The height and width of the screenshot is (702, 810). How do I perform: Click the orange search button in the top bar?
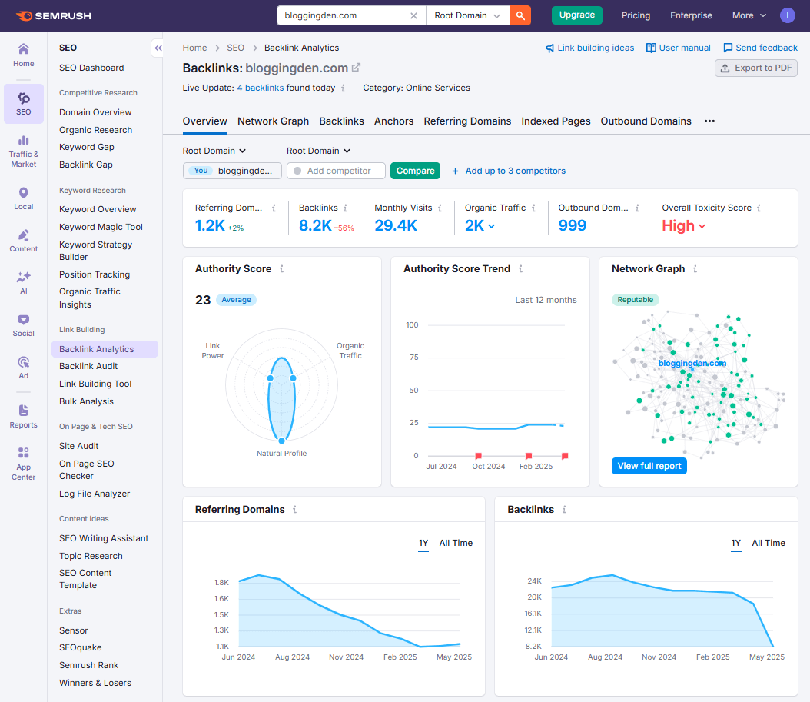(520, 15)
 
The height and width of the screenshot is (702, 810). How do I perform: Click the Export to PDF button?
(755, 68)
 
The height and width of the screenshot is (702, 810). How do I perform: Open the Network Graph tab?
(273, 121)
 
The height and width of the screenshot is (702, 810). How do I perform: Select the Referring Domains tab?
(467, 121)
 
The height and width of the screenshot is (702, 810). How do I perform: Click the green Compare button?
(415, 171)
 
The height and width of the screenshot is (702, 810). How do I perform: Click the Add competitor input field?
(338, 171)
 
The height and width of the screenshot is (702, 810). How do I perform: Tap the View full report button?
(649, 466)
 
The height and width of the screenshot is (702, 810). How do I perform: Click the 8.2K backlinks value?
(315, 225)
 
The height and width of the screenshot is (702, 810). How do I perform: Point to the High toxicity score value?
(679, 225)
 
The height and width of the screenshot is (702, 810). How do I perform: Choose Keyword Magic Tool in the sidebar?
(101, 227)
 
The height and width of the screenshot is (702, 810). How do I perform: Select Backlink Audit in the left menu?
(88, 366)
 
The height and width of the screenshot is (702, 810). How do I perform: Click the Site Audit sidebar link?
(78, 446)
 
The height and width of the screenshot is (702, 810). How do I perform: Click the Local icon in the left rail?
(24, 198)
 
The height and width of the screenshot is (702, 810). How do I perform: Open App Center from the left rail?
(24, 464)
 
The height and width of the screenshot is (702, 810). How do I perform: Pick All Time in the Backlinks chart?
(768, 543)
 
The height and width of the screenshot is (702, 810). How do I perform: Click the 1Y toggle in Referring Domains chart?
(423, 543)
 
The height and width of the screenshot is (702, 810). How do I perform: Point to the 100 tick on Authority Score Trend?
(412, 325)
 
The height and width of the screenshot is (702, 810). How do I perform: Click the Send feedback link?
(760, 48)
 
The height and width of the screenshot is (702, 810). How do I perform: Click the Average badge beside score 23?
(236, 300)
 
